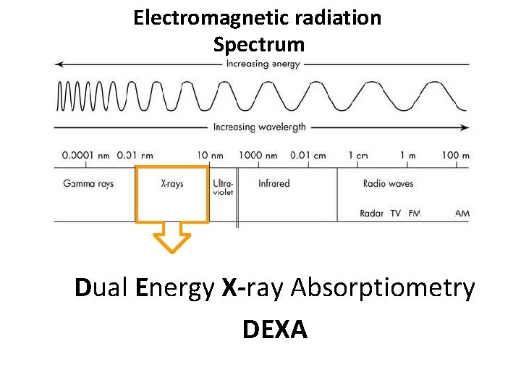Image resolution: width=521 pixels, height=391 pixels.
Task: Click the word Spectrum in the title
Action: tap(259, 45)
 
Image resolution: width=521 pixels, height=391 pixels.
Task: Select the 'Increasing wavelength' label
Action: tap(259, 127)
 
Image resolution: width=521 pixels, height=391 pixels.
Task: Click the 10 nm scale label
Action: tap(211, 155)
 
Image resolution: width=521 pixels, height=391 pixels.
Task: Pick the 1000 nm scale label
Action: tap(258, 155)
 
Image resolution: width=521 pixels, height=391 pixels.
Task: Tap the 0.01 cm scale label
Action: tap(308, 155)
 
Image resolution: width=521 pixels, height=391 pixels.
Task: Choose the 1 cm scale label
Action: tap(357, 155)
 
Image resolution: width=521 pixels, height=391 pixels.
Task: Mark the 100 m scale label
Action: tap(455, 155)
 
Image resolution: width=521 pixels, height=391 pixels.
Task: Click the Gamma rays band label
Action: tap(88, 184)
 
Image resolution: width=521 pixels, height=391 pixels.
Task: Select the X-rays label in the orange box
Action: tap(172, 184)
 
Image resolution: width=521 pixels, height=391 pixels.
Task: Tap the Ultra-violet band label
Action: tap(223, 188)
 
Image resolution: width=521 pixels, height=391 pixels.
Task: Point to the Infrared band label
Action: tap(274, 184)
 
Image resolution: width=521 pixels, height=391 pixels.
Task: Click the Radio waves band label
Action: tap(388, 184)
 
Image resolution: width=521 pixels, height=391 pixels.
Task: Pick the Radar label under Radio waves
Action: tap(371, 214)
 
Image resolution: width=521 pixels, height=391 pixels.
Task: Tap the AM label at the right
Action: tap(462, 214)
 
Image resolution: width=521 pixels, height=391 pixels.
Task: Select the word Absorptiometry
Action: tap(383, 288)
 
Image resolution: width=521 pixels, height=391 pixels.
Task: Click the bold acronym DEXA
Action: tap(275, 330)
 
